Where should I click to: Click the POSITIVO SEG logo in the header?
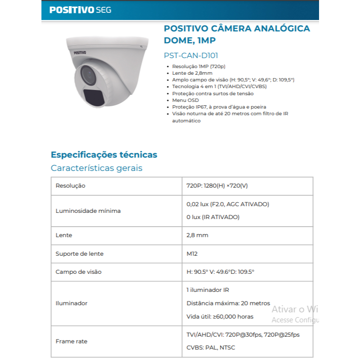(80, 10)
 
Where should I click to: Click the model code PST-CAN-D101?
(190, 55)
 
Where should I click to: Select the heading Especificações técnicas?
(104, 155)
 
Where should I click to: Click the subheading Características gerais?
(96, 168)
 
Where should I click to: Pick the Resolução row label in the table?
(70, 186)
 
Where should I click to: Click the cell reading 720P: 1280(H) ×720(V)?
(217, 186)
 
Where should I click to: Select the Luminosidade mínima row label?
(88, 210)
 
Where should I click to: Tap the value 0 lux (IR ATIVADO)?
(213, 217)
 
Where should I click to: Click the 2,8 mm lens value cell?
(197, 235)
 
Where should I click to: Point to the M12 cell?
(192, 254)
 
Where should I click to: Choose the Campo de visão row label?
(79, 272)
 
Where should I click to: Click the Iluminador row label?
(71, 303)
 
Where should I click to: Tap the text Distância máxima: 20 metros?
(228, 303)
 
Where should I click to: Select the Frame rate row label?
(71, 341)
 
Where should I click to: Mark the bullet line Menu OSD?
(185, 100)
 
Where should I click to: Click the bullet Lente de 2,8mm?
(192, 73)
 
